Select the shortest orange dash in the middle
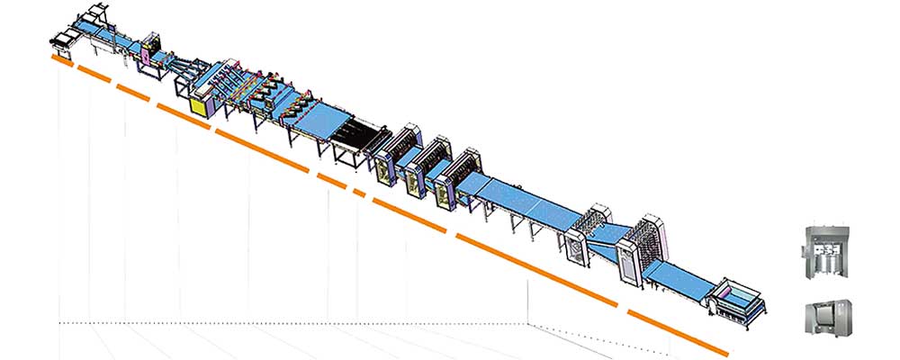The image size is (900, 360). [x=359, y=193]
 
